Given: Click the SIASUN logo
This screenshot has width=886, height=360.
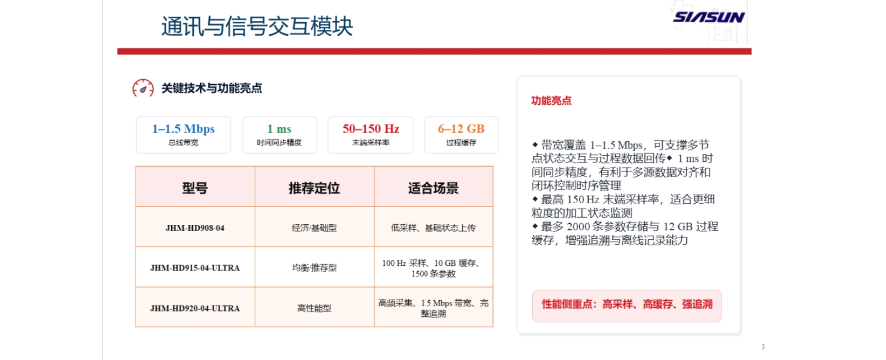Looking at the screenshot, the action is tap(709, 17).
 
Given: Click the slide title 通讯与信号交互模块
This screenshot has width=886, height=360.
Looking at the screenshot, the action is tap(257, 27).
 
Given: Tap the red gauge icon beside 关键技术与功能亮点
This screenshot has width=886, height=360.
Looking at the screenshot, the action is tap(143, 88).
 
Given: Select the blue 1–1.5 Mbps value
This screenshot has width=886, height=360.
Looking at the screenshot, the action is tap(183, 128).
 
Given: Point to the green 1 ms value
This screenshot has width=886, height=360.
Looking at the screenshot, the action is tap(279, 128).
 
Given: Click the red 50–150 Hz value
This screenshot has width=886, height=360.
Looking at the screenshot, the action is tap(370, 128).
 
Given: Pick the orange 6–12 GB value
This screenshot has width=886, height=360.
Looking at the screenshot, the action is tap(461, 128).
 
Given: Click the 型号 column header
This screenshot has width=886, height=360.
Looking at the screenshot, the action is tap(195, 188).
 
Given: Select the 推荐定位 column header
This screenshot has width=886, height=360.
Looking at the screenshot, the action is tap(315, 188).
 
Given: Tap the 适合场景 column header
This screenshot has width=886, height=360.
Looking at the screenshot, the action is tap(434, 188).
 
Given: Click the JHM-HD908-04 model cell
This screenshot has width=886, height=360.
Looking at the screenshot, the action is tap(195, 228).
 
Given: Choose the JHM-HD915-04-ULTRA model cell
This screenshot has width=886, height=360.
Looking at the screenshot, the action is tap(195, 268).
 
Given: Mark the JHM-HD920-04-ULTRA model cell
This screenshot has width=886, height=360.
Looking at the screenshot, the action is tap(195, 308).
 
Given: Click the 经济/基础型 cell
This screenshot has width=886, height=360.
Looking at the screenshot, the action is tap(315, 228).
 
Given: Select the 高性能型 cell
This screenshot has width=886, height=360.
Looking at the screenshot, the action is tap(315, 308).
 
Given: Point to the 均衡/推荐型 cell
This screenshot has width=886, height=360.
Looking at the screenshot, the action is tap(315, 268).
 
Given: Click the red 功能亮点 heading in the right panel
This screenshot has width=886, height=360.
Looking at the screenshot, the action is tap(552, 101).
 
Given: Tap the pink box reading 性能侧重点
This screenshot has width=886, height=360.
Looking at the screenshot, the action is tap(627, 306).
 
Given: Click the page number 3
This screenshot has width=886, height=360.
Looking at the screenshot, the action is tap(763, 347).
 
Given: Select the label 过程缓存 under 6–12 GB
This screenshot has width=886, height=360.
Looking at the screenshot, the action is tap(461, 142).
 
